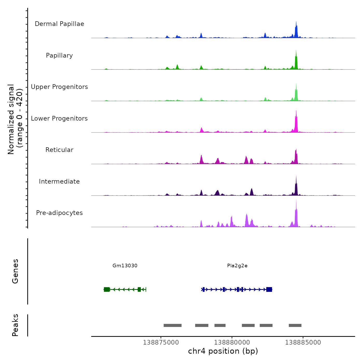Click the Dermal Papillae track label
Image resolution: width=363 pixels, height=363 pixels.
point(59,24)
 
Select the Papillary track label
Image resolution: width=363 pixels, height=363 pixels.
point(59,55)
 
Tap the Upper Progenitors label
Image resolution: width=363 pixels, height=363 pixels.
point(59,87)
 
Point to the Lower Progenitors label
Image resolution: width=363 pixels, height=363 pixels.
point(59,118)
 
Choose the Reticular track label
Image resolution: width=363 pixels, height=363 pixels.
point(59,150)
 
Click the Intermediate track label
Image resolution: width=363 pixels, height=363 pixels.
point(59,181)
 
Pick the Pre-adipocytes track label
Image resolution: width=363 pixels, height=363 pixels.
point(59,213)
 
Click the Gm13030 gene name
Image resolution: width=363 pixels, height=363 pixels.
point(125,266)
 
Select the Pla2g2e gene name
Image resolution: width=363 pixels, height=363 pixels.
point(237,266)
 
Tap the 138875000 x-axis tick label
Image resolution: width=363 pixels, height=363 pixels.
point(161,343)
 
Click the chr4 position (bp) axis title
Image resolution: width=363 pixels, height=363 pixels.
point(223,351)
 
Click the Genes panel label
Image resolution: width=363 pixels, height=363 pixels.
point(15,271)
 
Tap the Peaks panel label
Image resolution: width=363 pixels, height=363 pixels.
point(15,325)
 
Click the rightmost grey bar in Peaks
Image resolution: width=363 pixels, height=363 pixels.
point(295,325)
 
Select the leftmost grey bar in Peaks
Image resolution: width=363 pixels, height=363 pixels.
point(172,325)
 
